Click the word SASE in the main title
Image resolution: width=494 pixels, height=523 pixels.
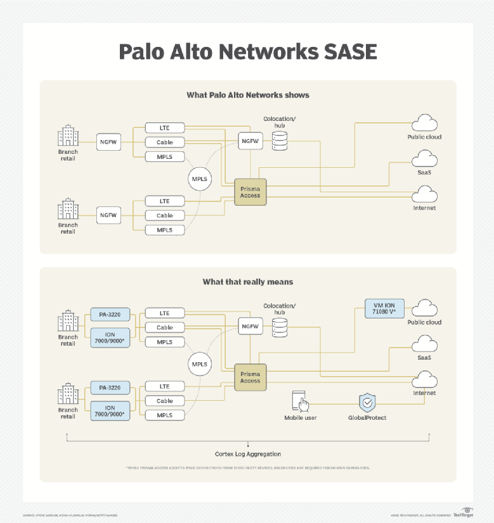pos(348,52)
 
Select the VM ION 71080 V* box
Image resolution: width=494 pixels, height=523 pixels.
pos(384,308)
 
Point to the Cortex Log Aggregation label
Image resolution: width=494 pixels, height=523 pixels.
pos(247,454)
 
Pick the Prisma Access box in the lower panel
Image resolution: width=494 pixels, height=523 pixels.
pos(250,377)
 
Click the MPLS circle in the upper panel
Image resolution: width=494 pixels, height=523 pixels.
pos(199,179)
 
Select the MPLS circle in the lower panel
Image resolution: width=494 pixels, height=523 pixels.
pos(199,364)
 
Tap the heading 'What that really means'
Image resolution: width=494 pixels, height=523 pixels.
pos(247,282)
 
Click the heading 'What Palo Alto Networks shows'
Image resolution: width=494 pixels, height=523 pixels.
pos(247,95)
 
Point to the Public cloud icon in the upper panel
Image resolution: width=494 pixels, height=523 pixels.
pos(424,123)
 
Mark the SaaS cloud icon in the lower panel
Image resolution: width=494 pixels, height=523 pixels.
pos(424,344)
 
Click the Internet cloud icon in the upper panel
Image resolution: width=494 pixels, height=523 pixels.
pos(424,194)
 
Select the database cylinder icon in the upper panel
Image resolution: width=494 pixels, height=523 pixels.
pos(280,141)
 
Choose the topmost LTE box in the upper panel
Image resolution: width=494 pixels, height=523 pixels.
pos(164,128)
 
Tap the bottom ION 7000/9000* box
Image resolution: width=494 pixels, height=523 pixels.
pos(110,410)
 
